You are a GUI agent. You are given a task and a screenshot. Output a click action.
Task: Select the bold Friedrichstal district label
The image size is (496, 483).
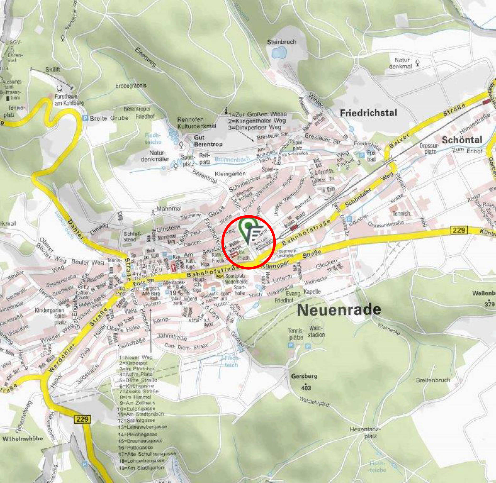click(368, 113)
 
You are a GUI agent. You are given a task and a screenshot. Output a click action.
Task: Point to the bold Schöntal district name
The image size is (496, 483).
click(462, 140)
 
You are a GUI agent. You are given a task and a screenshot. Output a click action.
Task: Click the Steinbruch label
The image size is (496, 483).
click(281, 42)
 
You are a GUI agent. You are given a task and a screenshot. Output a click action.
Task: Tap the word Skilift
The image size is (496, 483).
click(52, 69)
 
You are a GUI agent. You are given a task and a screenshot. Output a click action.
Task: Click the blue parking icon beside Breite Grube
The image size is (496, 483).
click(85, 118)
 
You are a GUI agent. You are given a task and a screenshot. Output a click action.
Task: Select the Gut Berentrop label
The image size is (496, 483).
click(208, 141)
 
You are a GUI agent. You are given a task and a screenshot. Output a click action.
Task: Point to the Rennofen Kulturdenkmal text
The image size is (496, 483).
click(197, 123)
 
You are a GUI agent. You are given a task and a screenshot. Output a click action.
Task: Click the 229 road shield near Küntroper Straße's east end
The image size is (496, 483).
click(459, 230)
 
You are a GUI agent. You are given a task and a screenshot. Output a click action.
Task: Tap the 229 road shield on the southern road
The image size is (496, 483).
click(83, 419)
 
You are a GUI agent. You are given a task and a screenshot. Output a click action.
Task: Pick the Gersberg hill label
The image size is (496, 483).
click(304, 376)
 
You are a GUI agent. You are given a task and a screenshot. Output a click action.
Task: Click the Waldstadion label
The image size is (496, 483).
click(316, 331)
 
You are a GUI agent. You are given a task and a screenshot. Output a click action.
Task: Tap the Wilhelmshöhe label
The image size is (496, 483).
click(23, 438)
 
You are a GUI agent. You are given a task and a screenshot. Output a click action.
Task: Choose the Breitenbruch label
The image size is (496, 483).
click(433, 380)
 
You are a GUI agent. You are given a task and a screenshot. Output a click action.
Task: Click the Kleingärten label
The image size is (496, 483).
click(230, 174)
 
